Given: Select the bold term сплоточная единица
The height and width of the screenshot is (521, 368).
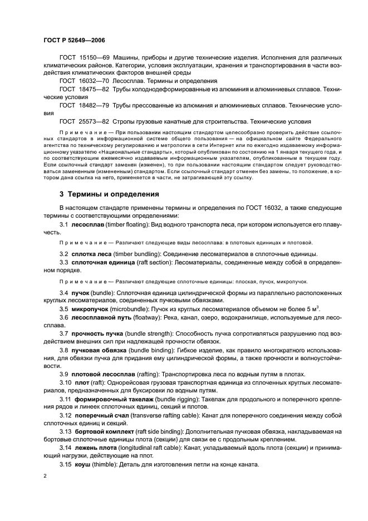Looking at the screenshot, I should click(x=102, y=262).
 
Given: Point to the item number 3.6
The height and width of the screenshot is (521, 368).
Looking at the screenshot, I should click(x=64, y=316).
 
